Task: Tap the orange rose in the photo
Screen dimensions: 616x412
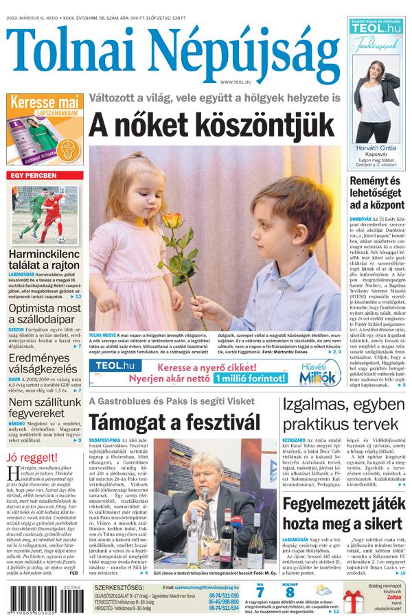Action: click(x=172, y=221)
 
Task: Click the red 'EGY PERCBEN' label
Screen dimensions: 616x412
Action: click(x=33, y=176)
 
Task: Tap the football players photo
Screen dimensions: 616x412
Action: click(x=44, y=214)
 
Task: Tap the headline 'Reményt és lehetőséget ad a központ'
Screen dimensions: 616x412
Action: click(x=375, y=193)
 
